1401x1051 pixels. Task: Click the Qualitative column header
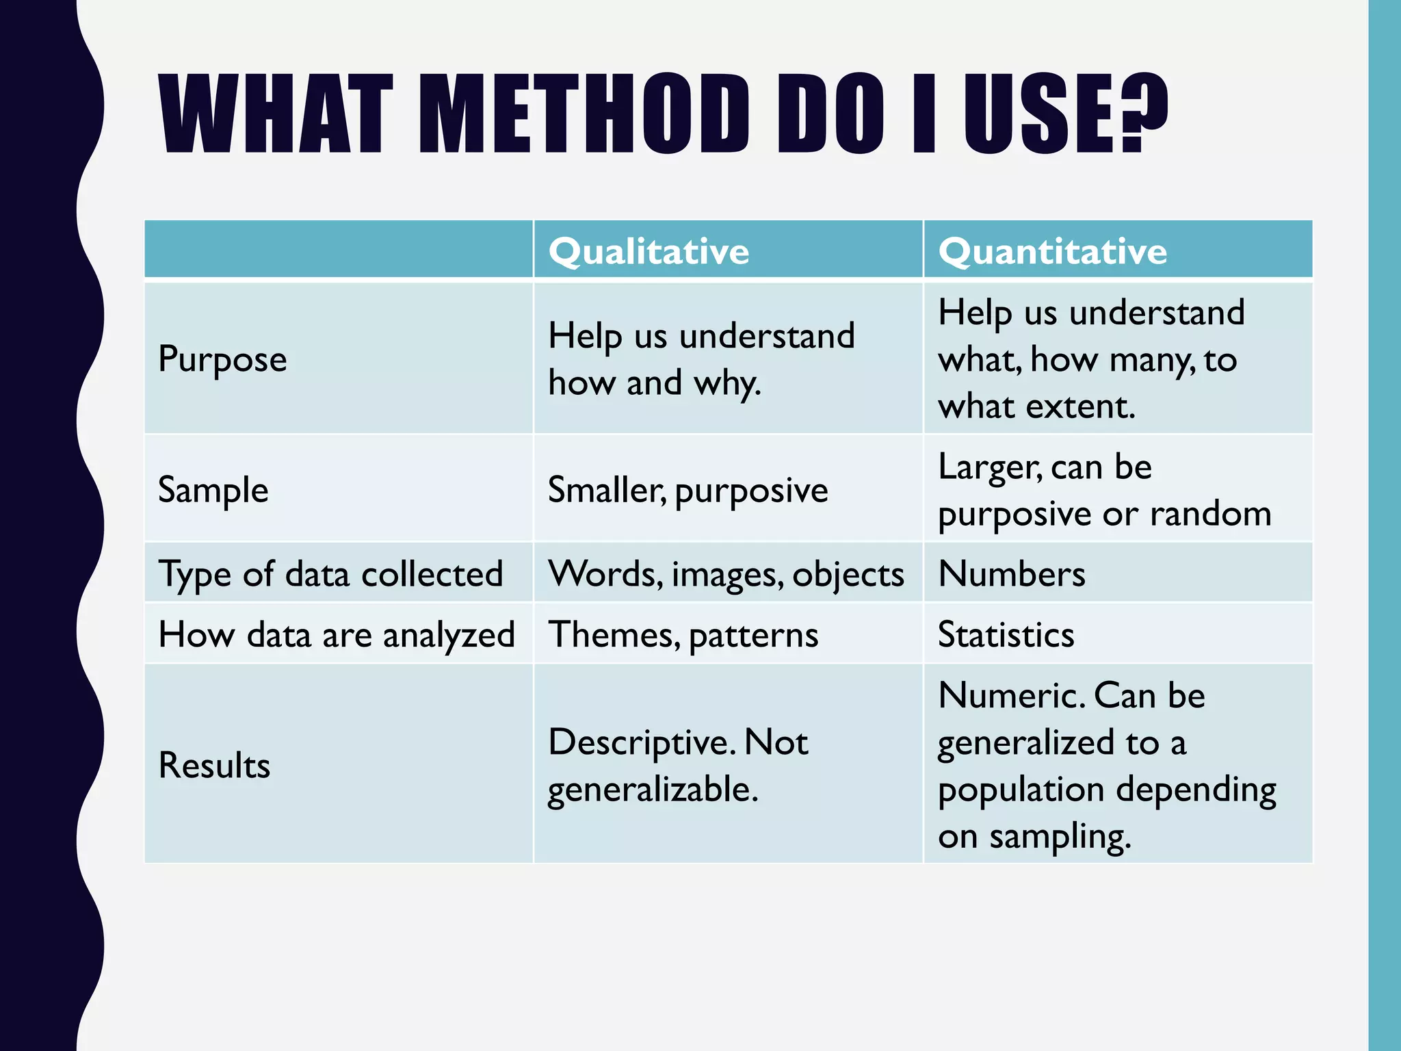coord(649,251)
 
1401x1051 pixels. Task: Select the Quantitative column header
coord(1052,251)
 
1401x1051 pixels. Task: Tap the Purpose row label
coord(222,359)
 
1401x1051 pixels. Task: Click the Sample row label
coord(213,490)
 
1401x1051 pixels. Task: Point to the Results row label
coord(214,765)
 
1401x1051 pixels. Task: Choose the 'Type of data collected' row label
coord(330,573)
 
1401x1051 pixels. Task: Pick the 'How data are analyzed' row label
coord(336,634)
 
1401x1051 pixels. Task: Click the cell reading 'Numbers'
coord(1011,573)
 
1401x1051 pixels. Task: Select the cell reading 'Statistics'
coord(1006,634)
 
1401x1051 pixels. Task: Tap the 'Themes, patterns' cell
coord(683,634)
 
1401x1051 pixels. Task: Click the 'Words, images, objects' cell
coord(726,573)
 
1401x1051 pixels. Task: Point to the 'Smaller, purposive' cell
coord(688,490)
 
